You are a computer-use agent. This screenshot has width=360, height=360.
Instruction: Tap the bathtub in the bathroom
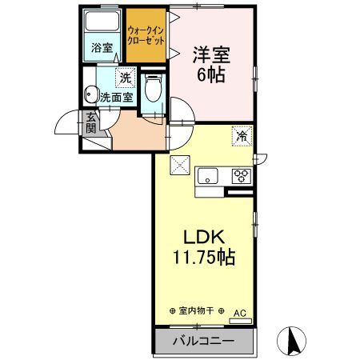pyautogui.click(x=104, y=22)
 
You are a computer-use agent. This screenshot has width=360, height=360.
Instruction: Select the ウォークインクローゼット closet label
pyautogui.click(x=146, y=33)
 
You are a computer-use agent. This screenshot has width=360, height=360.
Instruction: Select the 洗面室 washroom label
pyautogui.click(x=116, y=97)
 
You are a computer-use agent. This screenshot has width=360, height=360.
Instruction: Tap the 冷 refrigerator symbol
pyautogui.click(x=240, y=136)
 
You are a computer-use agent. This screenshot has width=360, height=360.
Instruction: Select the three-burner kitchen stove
pyautogui.click(x=240, y=176)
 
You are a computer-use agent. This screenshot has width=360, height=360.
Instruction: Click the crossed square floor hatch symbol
pyautogui.click(x=179, y=166)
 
